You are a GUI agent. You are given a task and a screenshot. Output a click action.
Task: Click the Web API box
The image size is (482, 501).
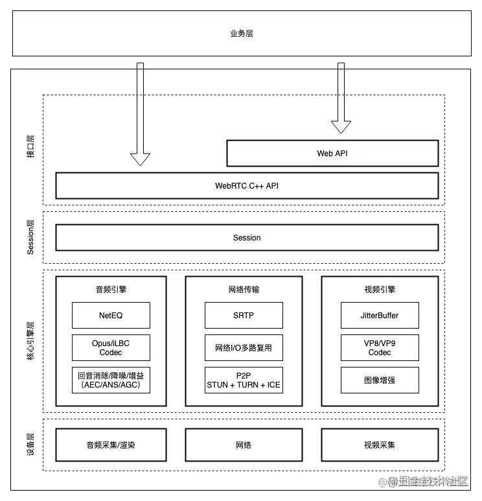click(x=332, y=154)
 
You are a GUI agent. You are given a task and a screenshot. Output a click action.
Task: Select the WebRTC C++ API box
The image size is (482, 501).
click(x=247, y=185)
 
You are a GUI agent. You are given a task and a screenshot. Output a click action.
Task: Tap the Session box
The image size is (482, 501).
click(x=247, y=238)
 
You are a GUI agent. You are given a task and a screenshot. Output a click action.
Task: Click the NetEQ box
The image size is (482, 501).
click(x=111, y=316)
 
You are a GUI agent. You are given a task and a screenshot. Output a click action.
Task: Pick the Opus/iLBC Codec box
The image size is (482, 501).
click(x=111, y=348)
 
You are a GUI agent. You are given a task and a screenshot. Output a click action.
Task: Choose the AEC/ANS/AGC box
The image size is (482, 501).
click(x=111, y=380)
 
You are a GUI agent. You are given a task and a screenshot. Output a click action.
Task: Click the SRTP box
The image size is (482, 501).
click(x=244, y=316)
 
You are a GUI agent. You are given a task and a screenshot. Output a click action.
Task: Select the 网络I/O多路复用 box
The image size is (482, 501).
click(x=244, y=348)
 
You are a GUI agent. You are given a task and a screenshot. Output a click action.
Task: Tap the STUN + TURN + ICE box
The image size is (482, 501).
click(x=244, y=380)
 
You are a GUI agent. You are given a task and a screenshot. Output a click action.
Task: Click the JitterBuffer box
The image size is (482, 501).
click(x=380, y=316)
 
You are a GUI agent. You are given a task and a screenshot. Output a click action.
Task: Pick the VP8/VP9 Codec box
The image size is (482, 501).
click(x=380, y=348)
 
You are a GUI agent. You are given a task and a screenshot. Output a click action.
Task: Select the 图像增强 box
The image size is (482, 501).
click(x=380, y=380)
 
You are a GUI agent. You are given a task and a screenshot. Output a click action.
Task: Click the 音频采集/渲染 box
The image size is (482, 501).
click(x=111, y=445)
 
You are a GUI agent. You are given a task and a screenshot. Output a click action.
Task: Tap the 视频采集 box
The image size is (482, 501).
click(x=380, y=445)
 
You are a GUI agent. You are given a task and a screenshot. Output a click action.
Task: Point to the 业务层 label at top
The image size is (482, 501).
click(x=241, y=33)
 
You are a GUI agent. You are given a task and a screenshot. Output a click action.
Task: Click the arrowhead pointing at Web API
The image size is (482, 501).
click(x=341, y=126)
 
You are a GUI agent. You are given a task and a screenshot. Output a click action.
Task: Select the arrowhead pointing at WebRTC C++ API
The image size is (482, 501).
click(x=140, y=159)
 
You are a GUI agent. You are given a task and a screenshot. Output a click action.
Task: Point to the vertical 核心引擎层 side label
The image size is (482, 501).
click(x=30, y=341)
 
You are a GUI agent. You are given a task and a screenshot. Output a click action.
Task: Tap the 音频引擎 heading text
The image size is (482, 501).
click(x=111, y=290)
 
